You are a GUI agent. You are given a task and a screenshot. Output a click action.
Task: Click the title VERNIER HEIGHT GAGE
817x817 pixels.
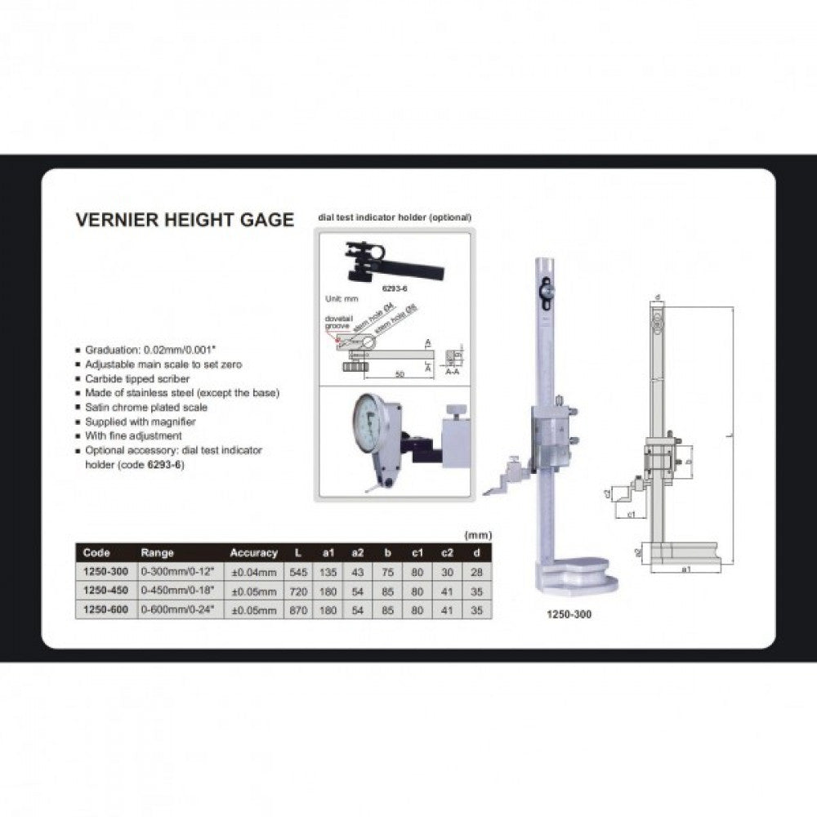[184, 220]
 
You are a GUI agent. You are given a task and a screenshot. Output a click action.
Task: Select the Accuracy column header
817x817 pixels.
[254, 553]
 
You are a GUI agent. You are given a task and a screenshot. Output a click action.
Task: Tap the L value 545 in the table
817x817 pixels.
[298, 572]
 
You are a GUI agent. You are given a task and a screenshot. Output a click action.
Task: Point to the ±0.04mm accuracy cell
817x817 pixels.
[254, 572]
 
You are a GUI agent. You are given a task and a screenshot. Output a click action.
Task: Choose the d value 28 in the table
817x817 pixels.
[476, 572]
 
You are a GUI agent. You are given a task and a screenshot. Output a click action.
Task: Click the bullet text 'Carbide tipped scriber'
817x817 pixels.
[137, 379]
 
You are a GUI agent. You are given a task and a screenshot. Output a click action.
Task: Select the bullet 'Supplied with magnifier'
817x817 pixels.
[141, 422]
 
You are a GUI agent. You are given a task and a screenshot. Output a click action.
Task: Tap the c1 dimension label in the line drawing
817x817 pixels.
[632, 515]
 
